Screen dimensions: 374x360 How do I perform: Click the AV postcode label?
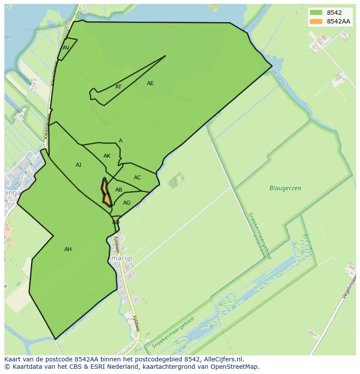(66, 48)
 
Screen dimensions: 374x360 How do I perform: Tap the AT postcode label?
(118, 87)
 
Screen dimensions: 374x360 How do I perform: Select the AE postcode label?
(150, 83)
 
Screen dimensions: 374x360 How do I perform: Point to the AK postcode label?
(107, 156)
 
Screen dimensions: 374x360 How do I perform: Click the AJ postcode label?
(78, 165)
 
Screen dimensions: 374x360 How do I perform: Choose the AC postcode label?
(137, 178)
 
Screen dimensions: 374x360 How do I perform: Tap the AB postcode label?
(119, 190)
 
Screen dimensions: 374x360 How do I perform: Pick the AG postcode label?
(127, 203)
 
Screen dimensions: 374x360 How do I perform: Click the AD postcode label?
(116, 222)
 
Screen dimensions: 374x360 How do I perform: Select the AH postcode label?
(68, 249)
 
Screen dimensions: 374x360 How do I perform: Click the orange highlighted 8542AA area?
(106, 198)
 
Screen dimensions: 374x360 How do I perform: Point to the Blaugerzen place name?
(285, 189)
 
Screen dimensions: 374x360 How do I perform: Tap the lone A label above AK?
(120, 141)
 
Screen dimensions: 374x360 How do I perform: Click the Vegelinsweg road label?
(350, 287)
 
